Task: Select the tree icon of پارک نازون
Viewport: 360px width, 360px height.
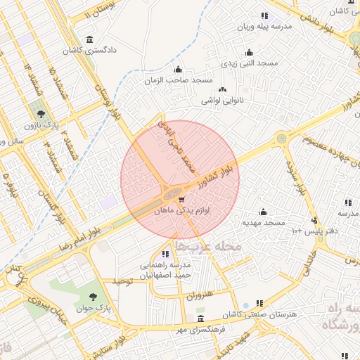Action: [39, 113]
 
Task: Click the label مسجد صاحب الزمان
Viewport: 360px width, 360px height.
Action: [179, 81]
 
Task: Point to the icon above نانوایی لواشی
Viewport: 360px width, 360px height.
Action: [223, 89]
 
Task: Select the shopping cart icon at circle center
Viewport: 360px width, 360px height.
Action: [182, 200]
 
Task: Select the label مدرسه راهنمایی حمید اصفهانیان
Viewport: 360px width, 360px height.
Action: [164, 271]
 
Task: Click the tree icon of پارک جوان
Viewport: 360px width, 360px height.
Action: [96, 298]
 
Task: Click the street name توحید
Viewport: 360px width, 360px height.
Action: [123, 281]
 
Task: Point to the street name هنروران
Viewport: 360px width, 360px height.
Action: [199, 296]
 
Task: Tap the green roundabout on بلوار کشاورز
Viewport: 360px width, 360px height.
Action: [281, 139]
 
